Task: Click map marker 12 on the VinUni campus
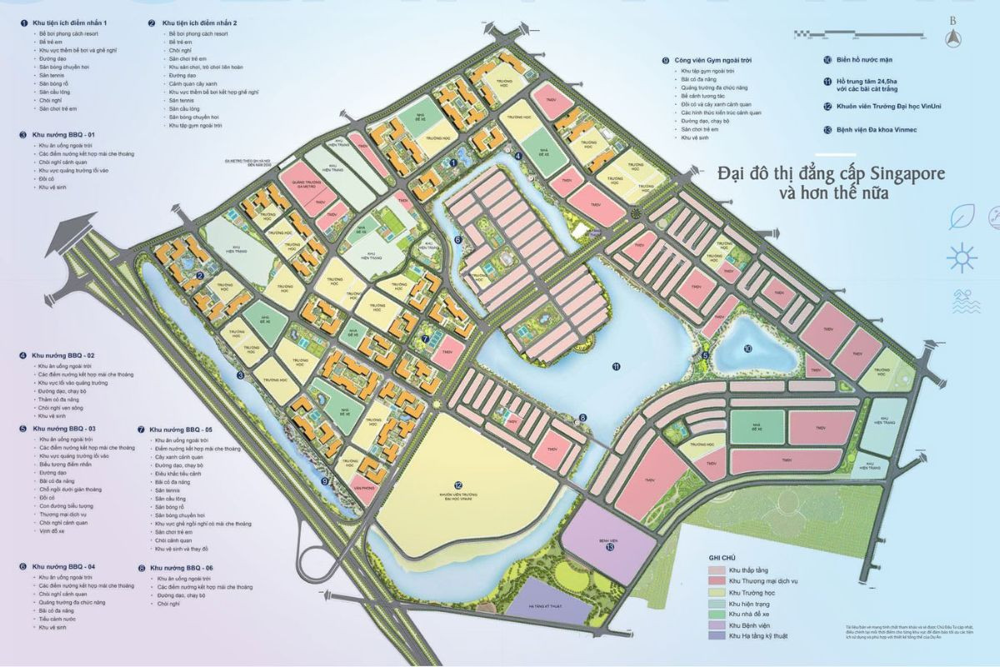(x=458, y=484)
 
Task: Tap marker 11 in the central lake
(x=616, y=366)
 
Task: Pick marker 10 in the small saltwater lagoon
(x=747, y=348)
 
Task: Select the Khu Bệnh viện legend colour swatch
(x=716, y=624)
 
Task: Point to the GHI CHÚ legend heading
(x=722, y=556)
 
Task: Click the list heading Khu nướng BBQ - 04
(x=63, y=566)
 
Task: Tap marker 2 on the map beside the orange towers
(x=202, y=277)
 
